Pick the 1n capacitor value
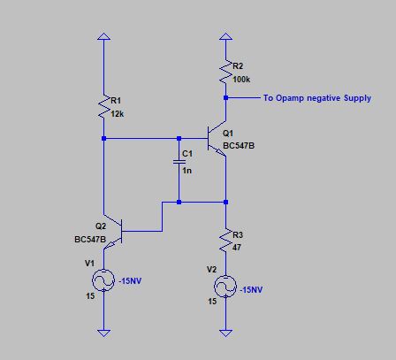[x=186, y=170]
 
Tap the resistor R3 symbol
[x=226, y=239]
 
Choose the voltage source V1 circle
[x=104, y=280]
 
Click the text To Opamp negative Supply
[x=317, y=98]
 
